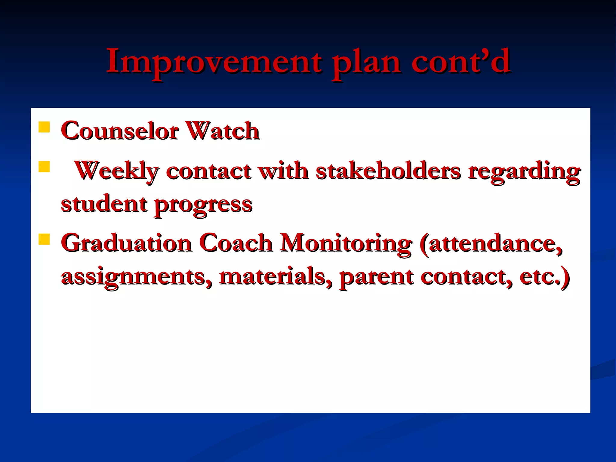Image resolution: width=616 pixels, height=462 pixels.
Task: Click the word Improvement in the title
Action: (x=214, y=62)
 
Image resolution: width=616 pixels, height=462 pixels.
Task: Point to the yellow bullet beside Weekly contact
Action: (x=44, y=167)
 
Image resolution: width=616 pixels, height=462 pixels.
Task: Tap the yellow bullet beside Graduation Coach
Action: (x=44, y=239)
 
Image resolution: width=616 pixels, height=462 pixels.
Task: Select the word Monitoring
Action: (x=346, y=244)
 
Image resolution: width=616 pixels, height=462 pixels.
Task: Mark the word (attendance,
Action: (x=490, y=244)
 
